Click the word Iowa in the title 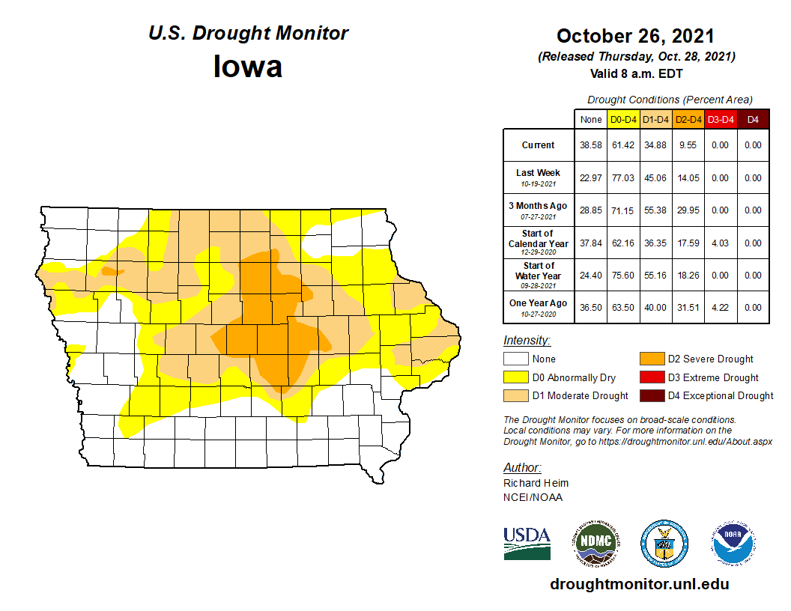pyautogui.click(x=248, y=67)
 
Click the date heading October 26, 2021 pyautogui.click(x=635, y=36)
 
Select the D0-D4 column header pyautogui.click(x=623, y=119)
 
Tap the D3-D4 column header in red pyautogui.click(x=720, y=119)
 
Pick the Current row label pyautogui.click(x=539, y=145)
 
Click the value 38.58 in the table pyautogui.click(x=591, y=145)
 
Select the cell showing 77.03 pyautogui.click(x=623, y=178)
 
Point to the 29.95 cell pyautogui.click(x=687, y=210)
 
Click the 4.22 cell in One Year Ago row pyautogui.click(x=720, y=308)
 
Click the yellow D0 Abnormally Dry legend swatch pyautogui.click(x=515, y=377)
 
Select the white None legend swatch pyautogui.click(x=515, y=359)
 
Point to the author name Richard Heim pyautogui.click(x=536, y=483)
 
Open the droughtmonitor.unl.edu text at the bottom pyautogui.click(x=639, y=584)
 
